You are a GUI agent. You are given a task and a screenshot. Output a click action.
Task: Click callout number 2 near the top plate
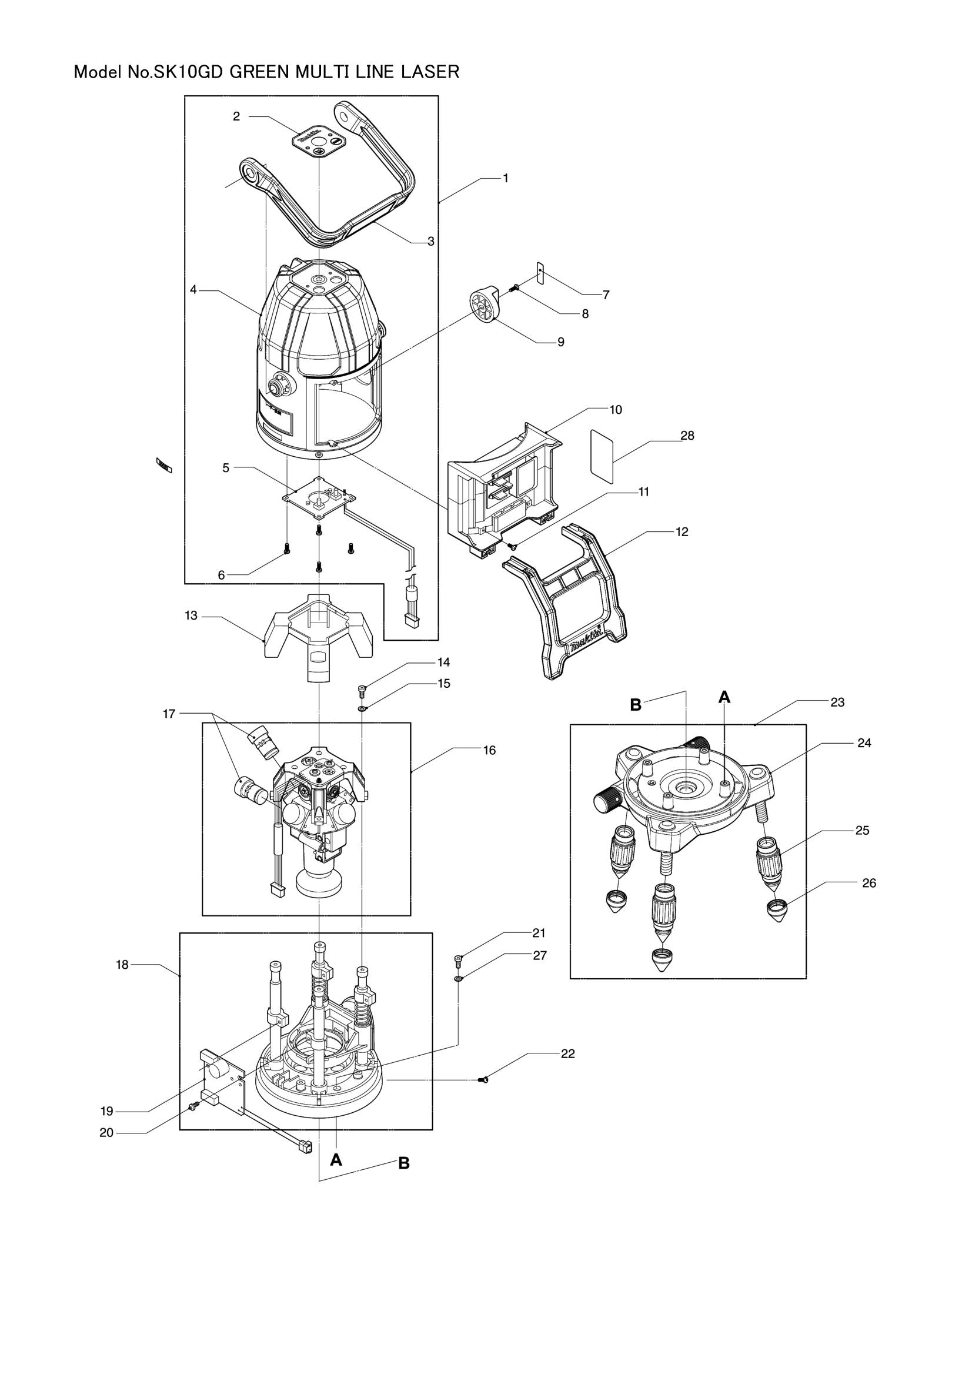(236, 117)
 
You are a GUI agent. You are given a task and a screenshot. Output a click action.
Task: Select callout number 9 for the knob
(560, 342)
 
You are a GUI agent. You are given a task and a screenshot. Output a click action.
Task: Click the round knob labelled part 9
(484, 306)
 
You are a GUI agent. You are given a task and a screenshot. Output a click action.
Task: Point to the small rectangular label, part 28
(603, 456)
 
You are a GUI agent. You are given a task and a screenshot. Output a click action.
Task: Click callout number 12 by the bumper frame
(682, 532)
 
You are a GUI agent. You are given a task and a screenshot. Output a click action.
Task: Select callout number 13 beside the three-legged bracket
(191, 615)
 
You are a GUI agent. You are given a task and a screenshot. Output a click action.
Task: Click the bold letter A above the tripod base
(724, 697)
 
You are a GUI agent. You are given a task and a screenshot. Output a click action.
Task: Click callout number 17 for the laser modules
(169, 714)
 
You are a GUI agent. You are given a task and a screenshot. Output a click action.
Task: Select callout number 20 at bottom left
(106, 1133)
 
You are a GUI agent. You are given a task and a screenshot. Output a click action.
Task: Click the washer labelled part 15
(363, 708)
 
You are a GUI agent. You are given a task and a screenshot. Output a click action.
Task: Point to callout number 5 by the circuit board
(226, 468)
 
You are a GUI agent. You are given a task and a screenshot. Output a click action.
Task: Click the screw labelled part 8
(513, 289)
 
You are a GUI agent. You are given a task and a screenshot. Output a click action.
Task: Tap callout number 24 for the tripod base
(864, 742)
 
